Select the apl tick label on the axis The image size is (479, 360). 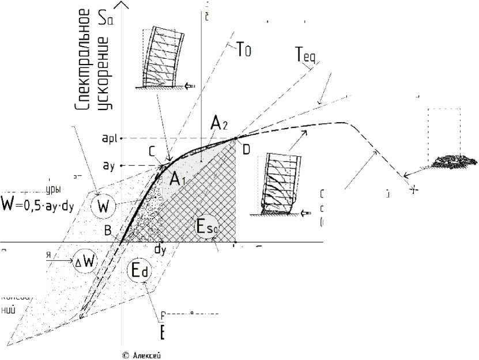tap(110, 138)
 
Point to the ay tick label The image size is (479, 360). tap(109, 166)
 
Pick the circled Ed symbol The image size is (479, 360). tap(138, 272)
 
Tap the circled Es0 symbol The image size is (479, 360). tap(207, 229)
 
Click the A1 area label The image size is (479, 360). tap(178, 179)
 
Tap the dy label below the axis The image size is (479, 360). tap(160, 249)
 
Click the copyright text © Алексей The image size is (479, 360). tap(142, 355)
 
